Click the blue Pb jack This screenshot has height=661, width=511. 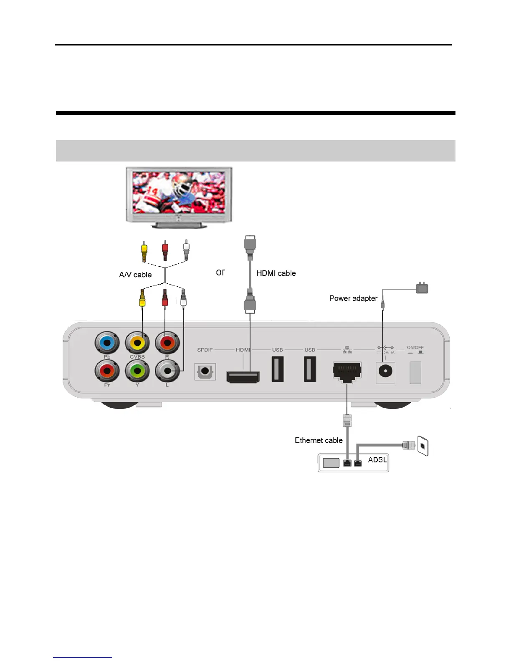pos(107,343)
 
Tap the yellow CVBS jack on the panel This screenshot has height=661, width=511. pos(137,343)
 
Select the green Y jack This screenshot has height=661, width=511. pos(137,371)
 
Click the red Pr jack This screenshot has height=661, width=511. pos(107,371)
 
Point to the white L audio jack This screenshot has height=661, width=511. pos(167,371)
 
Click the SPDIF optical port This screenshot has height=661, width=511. pos(205,371)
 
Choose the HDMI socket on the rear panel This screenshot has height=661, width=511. pos(243,376)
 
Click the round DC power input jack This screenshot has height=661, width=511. pos(385,371)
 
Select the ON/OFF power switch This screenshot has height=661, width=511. pos(415,372)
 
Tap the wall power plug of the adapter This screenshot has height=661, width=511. pos(422,288)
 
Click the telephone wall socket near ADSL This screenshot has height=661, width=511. pos(423,446)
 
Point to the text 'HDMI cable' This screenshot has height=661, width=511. pos(276,273)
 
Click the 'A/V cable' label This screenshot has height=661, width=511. pos(135,275)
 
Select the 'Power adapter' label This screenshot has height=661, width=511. pos(353,298)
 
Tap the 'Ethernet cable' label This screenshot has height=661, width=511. pos(319,440)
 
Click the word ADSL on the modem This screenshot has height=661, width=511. pos(377,459)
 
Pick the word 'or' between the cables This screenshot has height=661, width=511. pos(220,272)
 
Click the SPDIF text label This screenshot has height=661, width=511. pos(205,350)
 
